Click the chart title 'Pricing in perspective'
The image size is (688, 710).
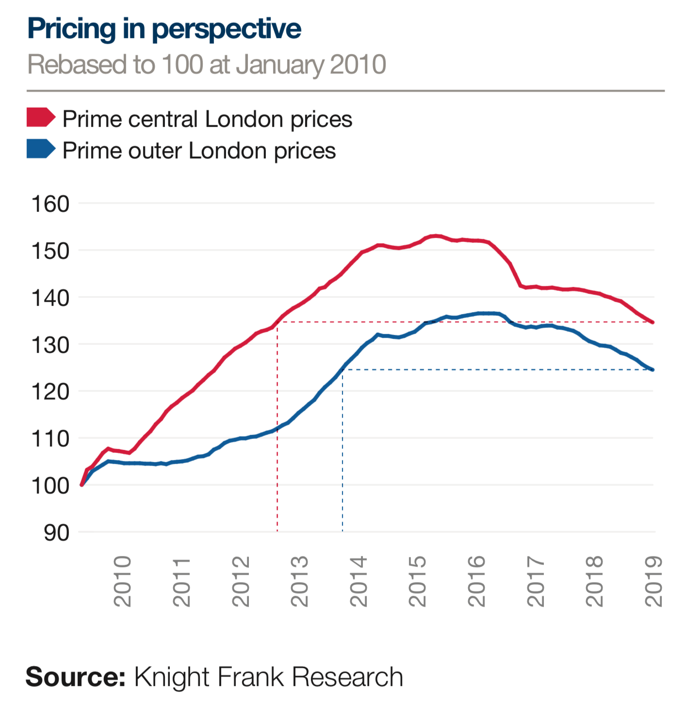click(164, 29)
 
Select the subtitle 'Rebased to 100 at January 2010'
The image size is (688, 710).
click(207, 65)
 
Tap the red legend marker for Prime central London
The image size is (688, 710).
click(41, 118)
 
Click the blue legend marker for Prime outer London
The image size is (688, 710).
click(41, 149)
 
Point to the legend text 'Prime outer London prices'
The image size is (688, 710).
click(199, 150)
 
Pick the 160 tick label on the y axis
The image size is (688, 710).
click(50, 204)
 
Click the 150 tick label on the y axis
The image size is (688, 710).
click(50, 251)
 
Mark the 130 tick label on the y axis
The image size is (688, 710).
click(50, 345)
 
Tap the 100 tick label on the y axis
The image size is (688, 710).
click(50, 485)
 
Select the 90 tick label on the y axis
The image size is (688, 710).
click(56, 532)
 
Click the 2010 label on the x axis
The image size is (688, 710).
click(123, 581)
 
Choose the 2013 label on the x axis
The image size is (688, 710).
click(299, 581)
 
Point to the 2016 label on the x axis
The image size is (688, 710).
click(476, 581)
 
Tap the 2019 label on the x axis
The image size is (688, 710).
click(654, 581)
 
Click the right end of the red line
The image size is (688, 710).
click(653, 322)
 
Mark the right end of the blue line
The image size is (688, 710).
click(653, 370)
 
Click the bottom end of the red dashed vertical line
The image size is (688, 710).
click(277, 531)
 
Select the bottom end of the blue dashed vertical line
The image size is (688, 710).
click(343, 531)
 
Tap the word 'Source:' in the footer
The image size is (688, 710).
click(75, 677)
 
